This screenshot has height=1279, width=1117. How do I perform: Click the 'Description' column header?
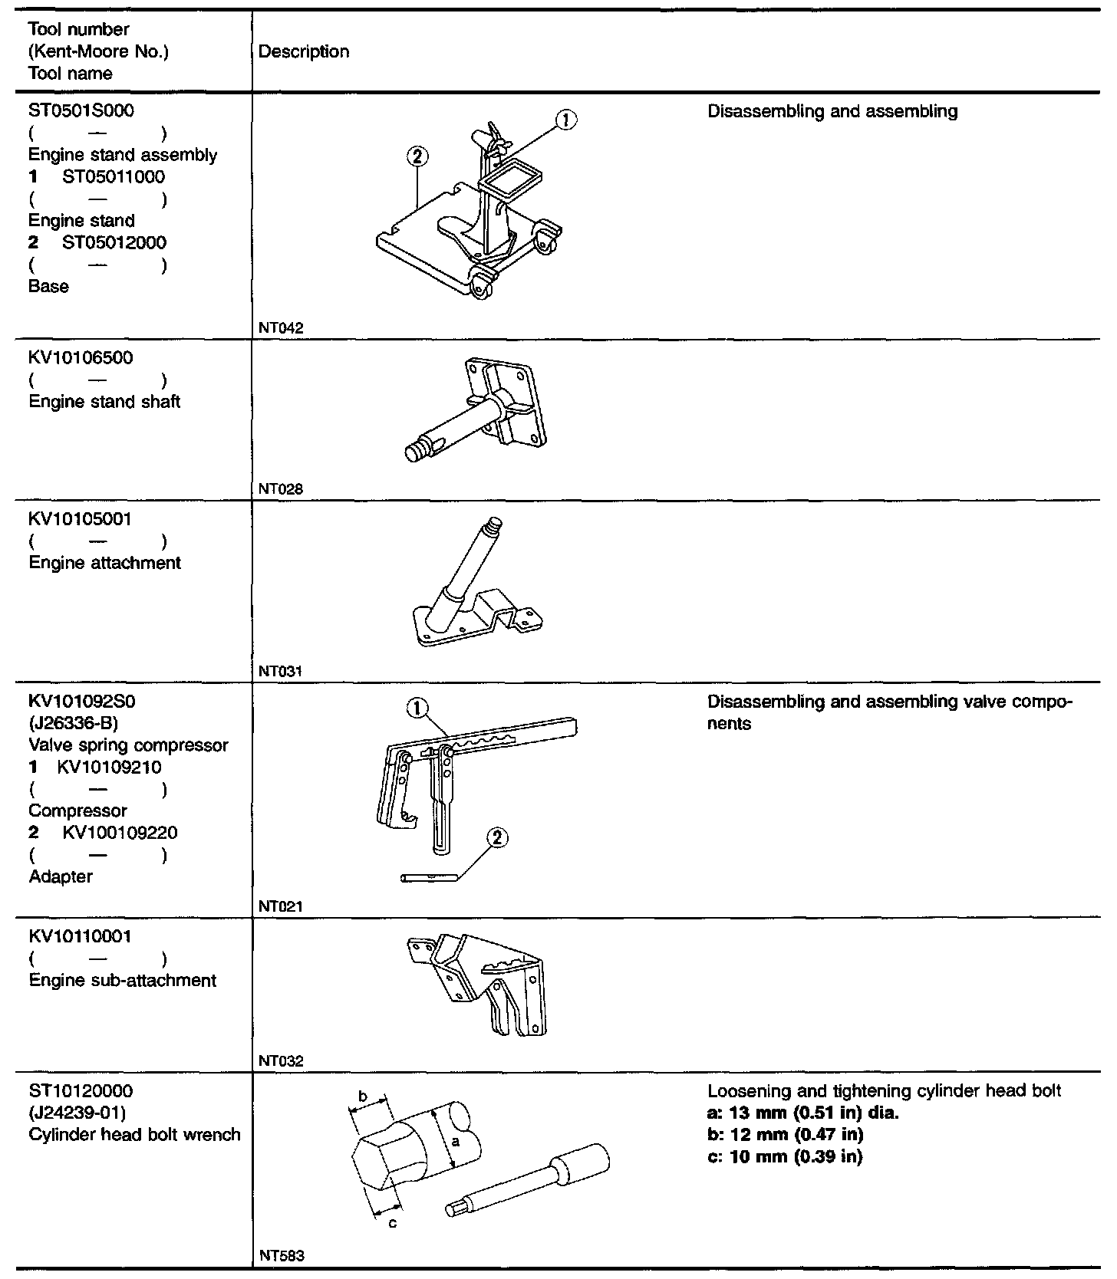(x=304, y=52)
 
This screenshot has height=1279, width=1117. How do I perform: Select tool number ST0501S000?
(x=81, y=110)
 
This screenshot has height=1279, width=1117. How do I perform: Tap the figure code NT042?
(x=281, y=328)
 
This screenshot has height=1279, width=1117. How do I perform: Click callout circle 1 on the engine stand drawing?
(x=565, y=120)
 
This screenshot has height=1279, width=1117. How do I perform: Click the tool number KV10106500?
(x=80, y=357)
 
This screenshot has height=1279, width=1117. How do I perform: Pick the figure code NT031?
(x=281, y=671)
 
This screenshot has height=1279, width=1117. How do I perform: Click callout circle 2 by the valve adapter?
(x=496, y=837)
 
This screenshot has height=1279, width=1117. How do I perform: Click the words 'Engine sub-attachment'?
(x=123, y=980)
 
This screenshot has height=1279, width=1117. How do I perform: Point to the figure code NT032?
(x=281, y=1061)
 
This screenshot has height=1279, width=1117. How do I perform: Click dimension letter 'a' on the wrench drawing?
(x=454, y=1143)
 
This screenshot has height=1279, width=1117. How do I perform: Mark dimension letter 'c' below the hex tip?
(x=392, y=1223)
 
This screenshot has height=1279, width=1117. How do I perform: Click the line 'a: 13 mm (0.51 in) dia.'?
(x=802, y=1113)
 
